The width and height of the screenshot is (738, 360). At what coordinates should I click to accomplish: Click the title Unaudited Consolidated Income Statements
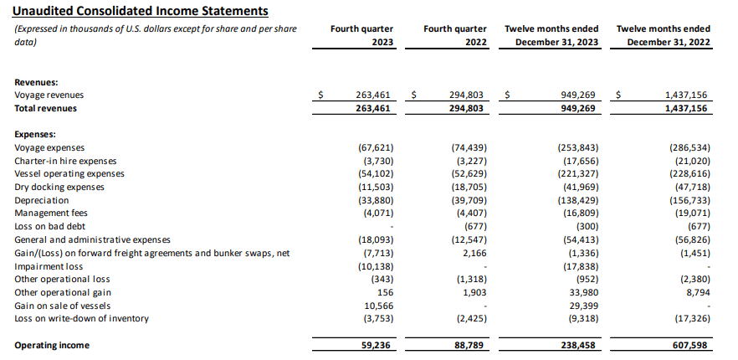click(x=141, y=11)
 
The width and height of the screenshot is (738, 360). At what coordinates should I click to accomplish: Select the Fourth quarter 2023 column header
click(x=362, y=35)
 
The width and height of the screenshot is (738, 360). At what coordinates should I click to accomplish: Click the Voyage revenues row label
click(x=49, y=95)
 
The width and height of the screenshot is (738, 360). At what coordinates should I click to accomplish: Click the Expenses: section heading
click(x=36, y=134)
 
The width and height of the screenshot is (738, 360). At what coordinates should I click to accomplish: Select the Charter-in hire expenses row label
click(x=65, y=161)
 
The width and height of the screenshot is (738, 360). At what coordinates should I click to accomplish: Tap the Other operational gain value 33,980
click(x=583, y=292)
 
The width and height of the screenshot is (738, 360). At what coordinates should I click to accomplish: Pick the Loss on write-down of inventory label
click(x=81, y=318)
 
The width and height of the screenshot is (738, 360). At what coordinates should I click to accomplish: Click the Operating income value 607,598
click(x=689, y=345)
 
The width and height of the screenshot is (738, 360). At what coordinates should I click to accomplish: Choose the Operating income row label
click(x=52, y=345)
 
